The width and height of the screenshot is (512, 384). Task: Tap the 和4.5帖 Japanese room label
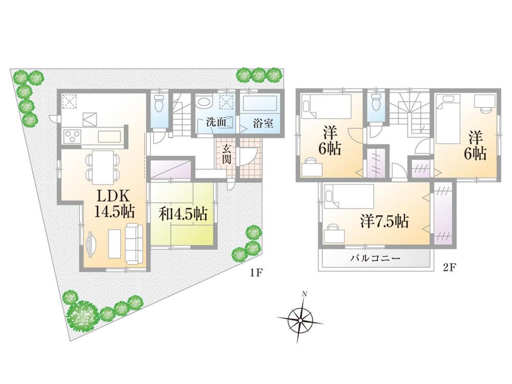pyautogui.click(x=183, y=215)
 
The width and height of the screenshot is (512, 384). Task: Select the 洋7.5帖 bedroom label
pyautogui.click(x=385, y=221)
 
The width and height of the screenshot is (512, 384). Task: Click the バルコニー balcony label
pyautogui.click(x=375, y=259)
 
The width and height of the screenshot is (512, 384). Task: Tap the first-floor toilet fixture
pyautogui.click(x=160, y=102)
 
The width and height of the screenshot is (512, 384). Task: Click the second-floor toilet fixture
pyautogui.click(x=376, y=101)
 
